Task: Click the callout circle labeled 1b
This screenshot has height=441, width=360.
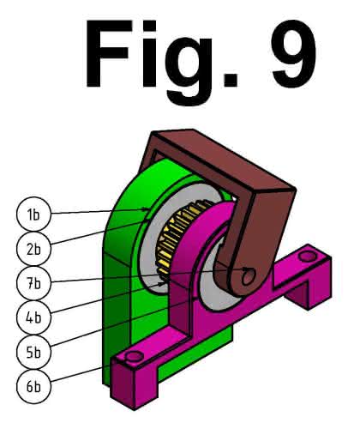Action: (x=33, y=214)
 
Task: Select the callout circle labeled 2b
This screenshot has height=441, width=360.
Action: (x=33, y=249)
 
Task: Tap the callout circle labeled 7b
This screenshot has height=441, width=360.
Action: (x=33, y=283)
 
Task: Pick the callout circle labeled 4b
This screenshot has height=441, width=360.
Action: (x=33, y=317)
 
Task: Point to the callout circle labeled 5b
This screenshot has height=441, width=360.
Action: (x=33, y=352)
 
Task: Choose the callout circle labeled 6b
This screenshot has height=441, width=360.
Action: (x=33, y=386)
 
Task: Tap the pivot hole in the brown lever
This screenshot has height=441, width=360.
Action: (x=248, y=276)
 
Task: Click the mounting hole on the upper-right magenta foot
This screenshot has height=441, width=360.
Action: (x=307, y=256)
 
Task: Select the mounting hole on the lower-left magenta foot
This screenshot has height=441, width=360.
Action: (x=134, y=356)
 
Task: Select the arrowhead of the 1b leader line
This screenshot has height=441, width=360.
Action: (x=147, y=210)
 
